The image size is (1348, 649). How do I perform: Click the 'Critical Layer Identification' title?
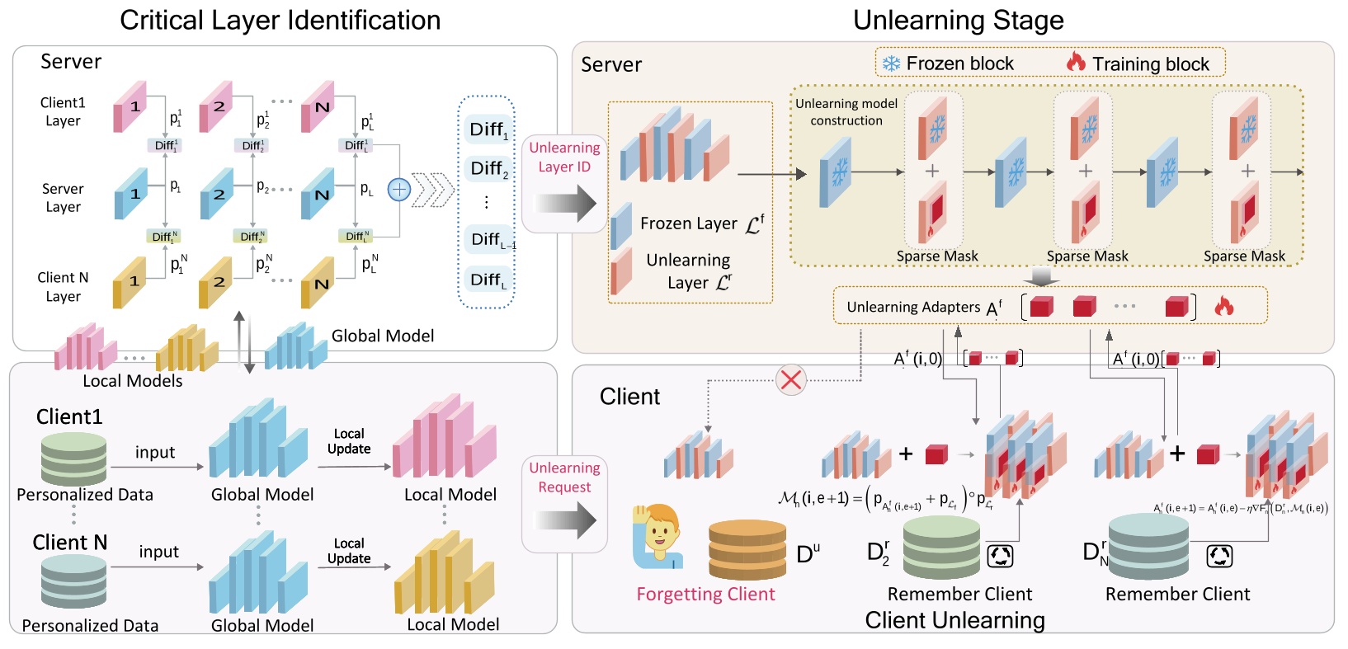(x=280, y=20)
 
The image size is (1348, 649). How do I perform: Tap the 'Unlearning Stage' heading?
(x=958, y=20)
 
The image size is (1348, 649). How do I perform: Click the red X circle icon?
(x=791, y=380)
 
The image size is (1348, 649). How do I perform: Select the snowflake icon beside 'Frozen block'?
(x=891, y=63)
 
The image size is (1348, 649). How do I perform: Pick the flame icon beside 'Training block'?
(x=1076, y=62)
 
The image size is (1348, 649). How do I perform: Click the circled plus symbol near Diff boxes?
(x=399, y=190)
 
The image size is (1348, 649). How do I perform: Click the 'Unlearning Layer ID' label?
(x=564, y=157)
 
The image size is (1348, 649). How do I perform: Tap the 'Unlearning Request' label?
(x=564, y=477)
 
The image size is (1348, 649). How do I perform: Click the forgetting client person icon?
(x=659, y=537)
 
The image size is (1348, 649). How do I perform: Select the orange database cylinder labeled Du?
(x=747, y=550)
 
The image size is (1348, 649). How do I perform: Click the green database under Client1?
(x=73, y=459)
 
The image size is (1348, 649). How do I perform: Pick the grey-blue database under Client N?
(x=73, y=581)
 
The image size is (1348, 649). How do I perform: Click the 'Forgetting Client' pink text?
(x=705, y=594)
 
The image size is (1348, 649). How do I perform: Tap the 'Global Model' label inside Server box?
(x=382, y=336)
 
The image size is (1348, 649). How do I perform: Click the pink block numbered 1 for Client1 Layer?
(x=130, y=107)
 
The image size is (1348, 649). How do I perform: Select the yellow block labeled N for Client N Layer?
(x=318, y=283)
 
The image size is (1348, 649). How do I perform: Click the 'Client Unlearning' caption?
(x=954, y=620)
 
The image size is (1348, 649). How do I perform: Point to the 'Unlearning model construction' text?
(x=846, y=112)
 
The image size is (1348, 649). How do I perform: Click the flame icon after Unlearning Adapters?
(x=1223, y=307)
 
